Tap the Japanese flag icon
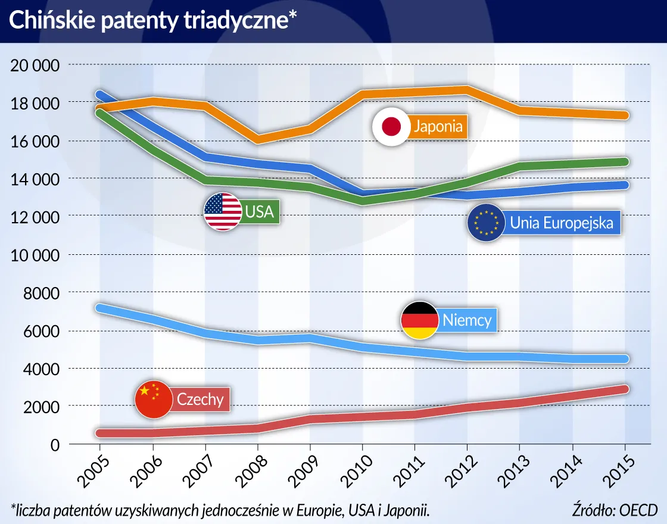pyautogui.click(x=391, y=126)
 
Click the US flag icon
pyautogui.click(x=223, y=212)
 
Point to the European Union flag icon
pyautogui.click(x=486, y=223)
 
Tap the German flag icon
pyautogui.click(x=419, y=320)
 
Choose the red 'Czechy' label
pyautogui.click(x=200, y=399)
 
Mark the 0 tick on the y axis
pyautogui.click(x=55, y=445)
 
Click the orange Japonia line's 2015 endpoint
pyautogui.click(x=624, y=115)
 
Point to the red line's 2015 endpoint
pyautogui.click(x=624, y=389)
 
